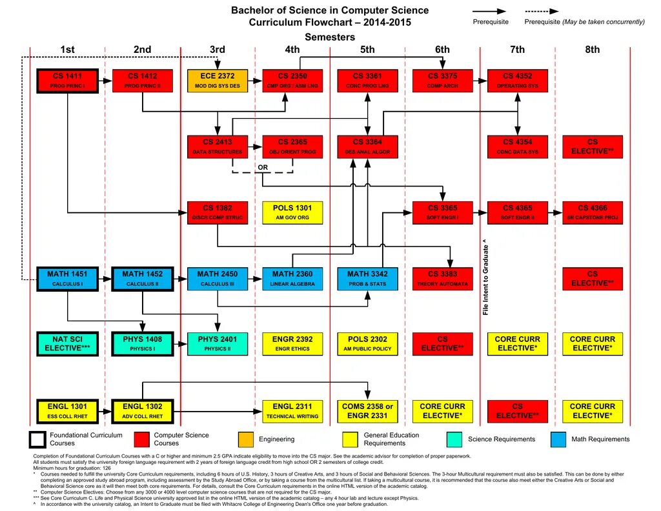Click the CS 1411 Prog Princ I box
coord(67,81)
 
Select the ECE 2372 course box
coord(218,81)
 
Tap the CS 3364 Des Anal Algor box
coord(367,147)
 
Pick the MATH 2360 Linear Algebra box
coord(292,279)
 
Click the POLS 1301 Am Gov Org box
coord(292,213)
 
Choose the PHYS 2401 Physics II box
coord(218,344)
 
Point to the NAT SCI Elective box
coord(67,344)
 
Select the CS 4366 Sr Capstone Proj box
coord(593,213)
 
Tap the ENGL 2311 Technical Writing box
coord(292,411)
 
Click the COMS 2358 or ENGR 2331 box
coord(367,411)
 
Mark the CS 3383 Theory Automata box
coord(442,279)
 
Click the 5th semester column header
coord(367,50)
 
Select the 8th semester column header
coord(593,50)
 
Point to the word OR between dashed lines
coord(263,167)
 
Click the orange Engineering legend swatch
coord(246,439)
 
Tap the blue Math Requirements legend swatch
coord(559,439)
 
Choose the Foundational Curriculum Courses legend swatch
coord(38,439)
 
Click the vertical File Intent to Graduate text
coord(485,277)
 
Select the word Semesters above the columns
coord(330,37)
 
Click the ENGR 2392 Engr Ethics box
coord(292,344)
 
